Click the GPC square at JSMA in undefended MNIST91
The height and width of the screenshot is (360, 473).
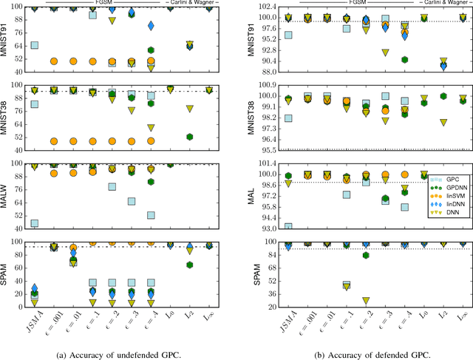tap(34, 46)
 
